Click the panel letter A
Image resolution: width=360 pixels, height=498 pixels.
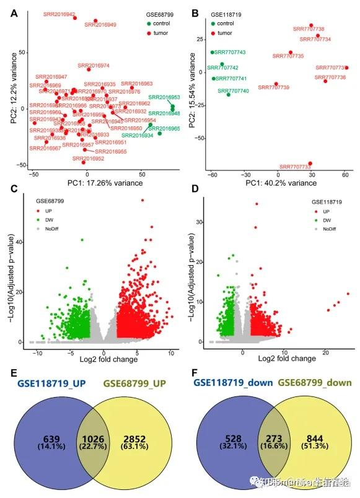click(x=12, y=12)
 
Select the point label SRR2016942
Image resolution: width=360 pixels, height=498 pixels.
click(x=59, y=14)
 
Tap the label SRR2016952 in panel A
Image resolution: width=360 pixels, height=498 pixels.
click(x=89, y=159)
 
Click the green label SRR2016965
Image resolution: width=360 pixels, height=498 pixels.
click(x=164, y=128)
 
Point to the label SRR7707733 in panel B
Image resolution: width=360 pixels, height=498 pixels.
click(x=295, y=167)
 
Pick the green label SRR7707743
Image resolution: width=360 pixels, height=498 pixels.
click(x=230, y=53)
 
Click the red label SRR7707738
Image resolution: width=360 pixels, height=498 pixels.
click(x=309, y=29)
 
